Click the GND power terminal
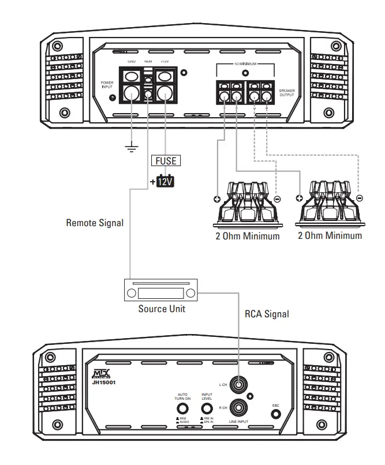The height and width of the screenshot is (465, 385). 132,92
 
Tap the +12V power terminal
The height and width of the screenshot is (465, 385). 166,92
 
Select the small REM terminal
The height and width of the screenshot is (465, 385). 148,94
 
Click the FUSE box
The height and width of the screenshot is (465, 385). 165,160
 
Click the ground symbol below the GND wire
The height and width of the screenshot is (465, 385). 132,148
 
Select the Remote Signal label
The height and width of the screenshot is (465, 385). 95,222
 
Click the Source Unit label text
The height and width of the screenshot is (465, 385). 161,309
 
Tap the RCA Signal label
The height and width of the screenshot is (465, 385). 266,314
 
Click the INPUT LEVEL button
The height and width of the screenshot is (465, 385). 207,407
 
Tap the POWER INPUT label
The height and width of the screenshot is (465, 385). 107,84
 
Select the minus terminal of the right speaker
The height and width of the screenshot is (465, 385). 359,198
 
